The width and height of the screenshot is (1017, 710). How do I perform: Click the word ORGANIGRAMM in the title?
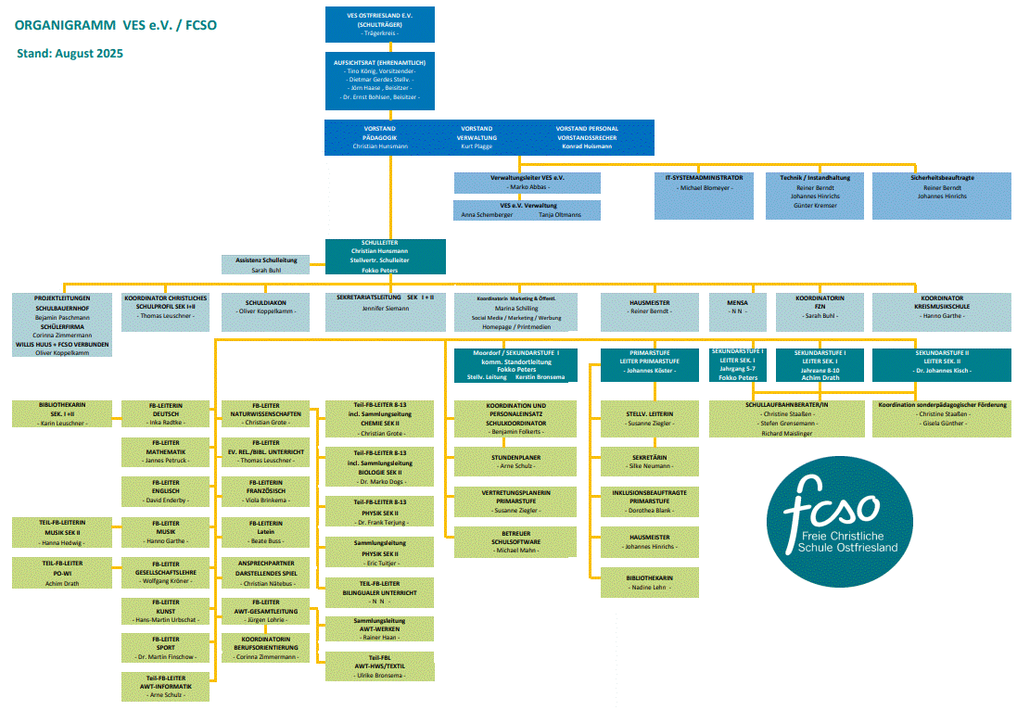[x=53, y=25]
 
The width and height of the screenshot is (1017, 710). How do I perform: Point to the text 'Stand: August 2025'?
[x=70, y=54]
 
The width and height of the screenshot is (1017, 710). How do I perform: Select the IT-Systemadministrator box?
[x=705, y=196]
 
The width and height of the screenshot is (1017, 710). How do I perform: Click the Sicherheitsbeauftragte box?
[x=941, y=196]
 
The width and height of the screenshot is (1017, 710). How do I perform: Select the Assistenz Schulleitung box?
[x=266, y=265]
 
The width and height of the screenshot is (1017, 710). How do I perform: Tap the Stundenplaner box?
[x=515, y=462]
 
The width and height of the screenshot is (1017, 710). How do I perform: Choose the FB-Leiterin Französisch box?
[x=265, y=490]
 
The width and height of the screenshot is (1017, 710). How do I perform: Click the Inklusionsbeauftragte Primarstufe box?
[x=649, y=501]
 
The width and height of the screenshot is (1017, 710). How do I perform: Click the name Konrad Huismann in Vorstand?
[x=586, y=146]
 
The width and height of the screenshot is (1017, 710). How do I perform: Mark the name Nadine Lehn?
[x=649, y=588]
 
